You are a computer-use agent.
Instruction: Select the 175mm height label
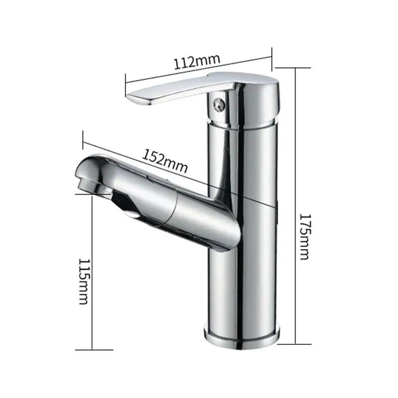304,237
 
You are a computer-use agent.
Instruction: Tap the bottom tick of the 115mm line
93,350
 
